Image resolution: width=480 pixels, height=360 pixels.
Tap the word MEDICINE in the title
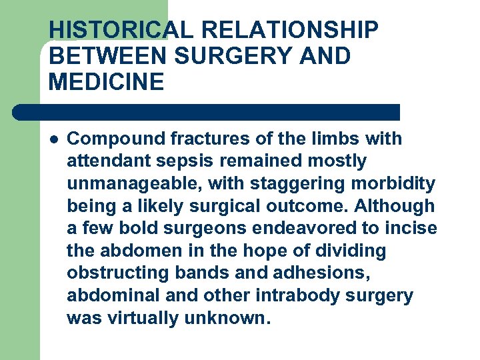pos(106,83)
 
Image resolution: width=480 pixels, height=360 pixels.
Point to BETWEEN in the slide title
pos(107,57)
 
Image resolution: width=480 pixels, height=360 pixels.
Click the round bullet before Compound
pos(54,139)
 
